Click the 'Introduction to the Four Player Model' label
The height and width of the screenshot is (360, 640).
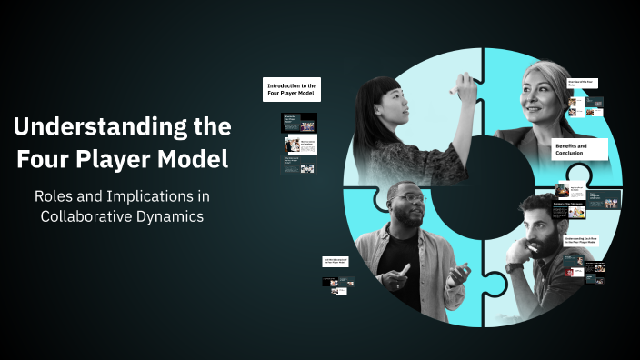tap(291, 89)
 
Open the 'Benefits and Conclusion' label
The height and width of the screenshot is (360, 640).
tap(579, 150)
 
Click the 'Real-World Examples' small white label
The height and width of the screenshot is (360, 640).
tap(337, 261)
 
